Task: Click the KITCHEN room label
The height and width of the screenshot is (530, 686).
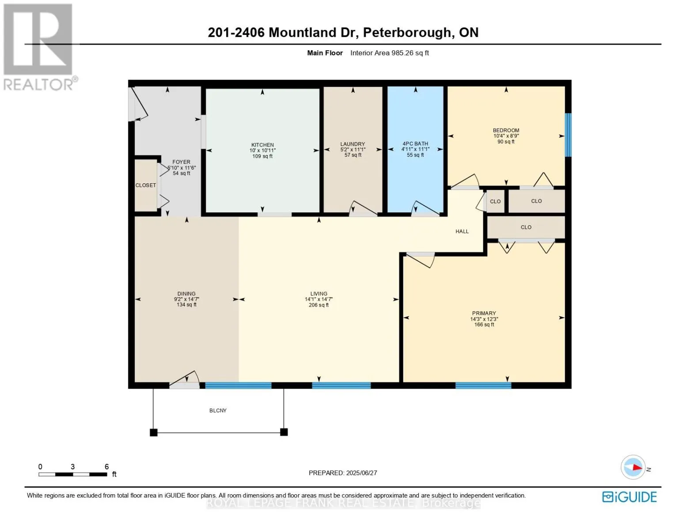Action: pos(262,145)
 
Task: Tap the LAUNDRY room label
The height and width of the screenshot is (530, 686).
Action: pos(352,144)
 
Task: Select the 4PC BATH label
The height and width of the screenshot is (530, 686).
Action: pos(415,144)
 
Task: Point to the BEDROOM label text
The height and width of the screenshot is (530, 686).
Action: pos(506,130)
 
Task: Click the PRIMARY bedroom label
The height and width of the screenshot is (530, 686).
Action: pos(484,313)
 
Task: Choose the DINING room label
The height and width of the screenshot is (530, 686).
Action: pos(186,294)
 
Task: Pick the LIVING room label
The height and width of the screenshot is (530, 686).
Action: pos(318,294)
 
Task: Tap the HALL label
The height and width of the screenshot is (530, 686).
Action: pos(462,231)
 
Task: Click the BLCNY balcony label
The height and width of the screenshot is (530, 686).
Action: pos(218,411)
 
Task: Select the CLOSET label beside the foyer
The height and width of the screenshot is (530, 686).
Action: pos(146,185)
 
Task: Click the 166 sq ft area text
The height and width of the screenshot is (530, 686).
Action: pos(484,325)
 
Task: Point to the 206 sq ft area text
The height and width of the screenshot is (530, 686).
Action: pos(318,305)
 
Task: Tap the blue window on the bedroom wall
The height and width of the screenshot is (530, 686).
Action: pos(569,135)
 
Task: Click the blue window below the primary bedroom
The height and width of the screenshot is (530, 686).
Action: pos(483,386)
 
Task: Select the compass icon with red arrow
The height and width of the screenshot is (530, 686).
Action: pos(633,467)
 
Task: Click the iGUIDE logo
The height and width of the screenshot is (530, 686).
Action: pos(629,497)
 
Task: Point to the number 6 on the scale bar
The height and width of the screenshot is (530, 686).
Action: pos(106,466)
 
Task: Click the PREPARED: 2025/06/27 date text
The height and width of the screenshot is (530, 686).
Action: pos(343,473)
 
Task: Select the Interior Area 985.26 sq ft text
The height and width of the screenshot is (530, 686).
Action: pos(389,53)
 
